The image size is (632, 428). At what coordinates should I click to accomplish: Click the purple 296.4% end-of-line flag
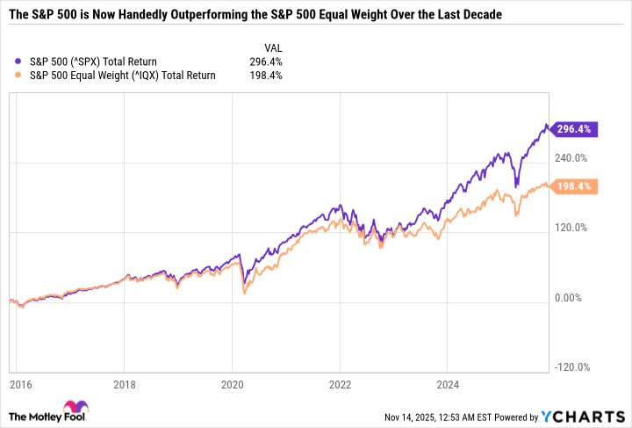point(576,129)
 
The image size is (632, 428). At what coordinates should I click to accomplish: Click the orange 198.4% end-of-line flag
point(576,186)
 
